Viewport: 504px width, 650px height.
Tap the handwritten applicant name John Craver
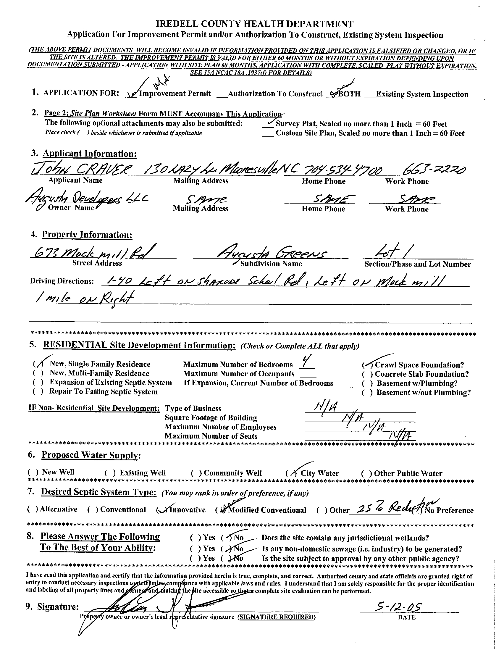[x=80, y=170]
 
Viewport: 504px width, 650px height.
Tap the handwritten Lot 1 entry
[x=387, y=252]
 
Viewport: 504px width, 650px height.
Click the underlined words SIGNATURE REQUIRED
[x=276, y=617]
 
